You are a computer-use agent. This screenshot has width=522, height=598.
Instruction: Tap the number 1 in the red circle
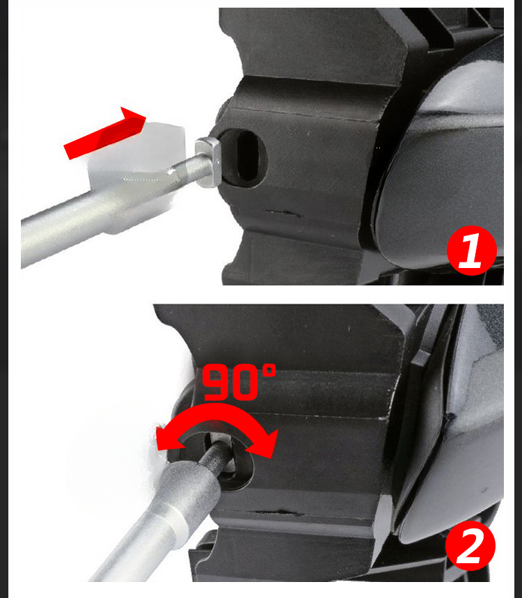470,252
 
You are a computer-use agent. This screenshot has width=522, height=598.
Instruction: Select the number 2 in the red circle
470,546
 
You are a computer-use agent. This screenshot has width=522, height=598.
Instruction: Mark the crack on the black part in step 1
279,212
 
